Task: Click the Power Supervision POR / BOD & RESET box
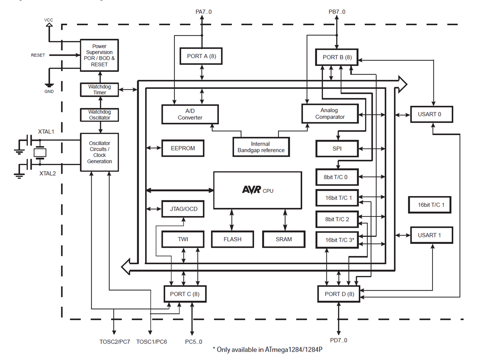pyautogui.click(x=99, y=55)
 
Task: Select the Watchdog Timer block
pyautogui.click(x=99, y=89)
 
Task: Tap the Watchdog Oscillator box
pyautogui.click(x=99, y=115)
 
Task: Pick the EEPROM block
pyautogui.click(x=183, y=148)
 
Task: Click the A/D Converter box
pyautogui.click(x=190, y=114)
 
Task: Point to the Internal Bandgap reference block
pyautogui.click(x=261, y=147)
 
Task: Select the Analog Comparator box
pyautogui.click(x=329, y=113)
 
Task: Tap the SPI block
pyautogui.click(x=336, y=148)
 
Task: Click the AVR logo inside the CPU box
pyautogui.click(x=251, y=190)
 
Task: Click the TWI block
pyautogui.click(x=183, y=239)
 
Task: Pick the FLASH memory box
pyautogui.click(x=232, y=239)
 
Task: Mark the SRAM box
pyautogui.click(x=284, y=239)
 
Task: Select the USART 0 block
pyautogui.click(x=431, y=114)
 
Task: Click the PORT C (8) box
pyautogui.click(x=185, y=294)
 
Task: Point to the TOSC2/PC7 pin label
pyautogui.click(x=115, y=342)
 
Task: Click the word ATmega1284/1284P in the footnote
pyautogui.click(x=294, y=350)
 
